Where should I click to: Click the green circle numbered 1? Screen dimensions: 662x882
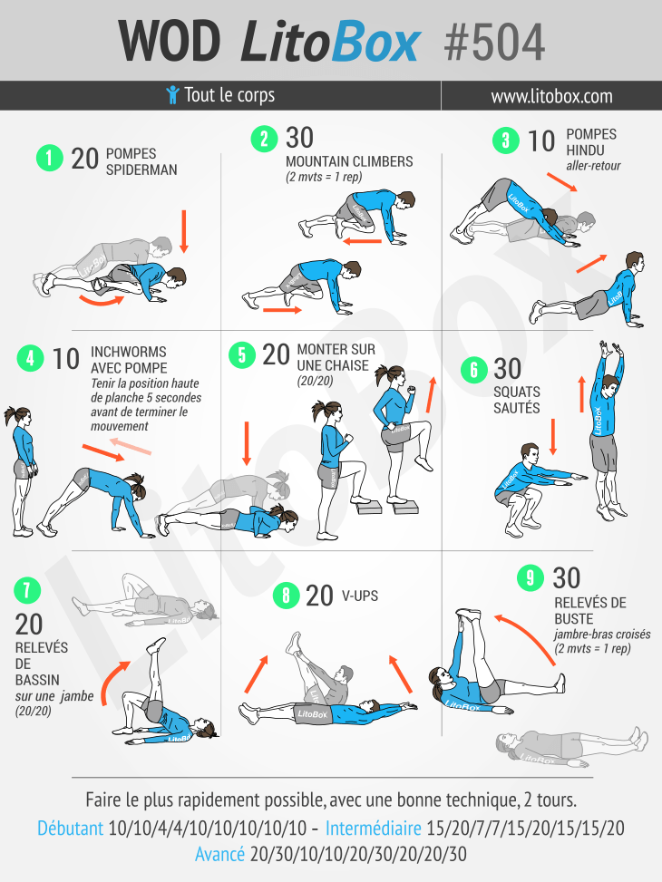[x=50, y=158]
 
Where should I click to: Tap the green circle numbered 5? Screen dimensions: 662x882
[x=242, y=355]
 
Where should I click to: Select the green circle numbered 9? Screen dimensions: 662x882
[x=531, y=577]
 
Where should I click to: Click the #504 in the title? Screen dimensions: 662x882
[x=494, y=43]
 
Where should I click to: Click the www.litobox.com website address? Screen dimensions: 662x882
[x=551, y=96]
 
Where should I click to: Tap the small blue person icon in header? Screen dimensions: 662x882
[x=173, y=94]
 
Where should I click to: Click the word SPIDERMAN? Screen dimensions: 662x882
[x=141, y=170]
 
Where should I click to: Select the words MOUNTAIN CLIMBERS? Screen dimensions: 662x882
[x=349, y=161]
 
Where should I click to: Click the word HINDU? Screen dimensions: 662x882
[x=585, y=150]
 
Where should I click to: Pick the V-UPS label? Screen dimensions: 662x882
[x=360, y=596]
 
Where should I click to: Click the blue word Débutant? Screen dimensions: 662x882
[x=71, y=828]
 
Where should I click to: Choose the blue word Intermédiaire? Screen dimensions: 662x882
[x=374, y=828]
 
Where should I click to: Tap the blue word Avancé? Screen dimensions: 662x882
[x=219, y=855]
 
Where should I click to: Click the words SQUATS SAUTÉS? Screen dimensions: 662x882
[x=517, y=400]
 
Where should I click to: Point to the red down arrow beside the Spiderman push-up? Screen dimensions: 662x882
[x=183, y=232]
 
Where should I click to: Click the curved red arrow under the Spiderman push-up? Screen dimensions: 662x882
[x=102, y=300]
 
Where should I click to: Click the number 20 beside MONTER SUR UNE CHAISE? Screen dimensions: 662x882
[x=276, y=355]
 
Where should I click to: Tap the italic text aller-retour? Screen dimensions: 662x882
[x=593, y=166]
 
